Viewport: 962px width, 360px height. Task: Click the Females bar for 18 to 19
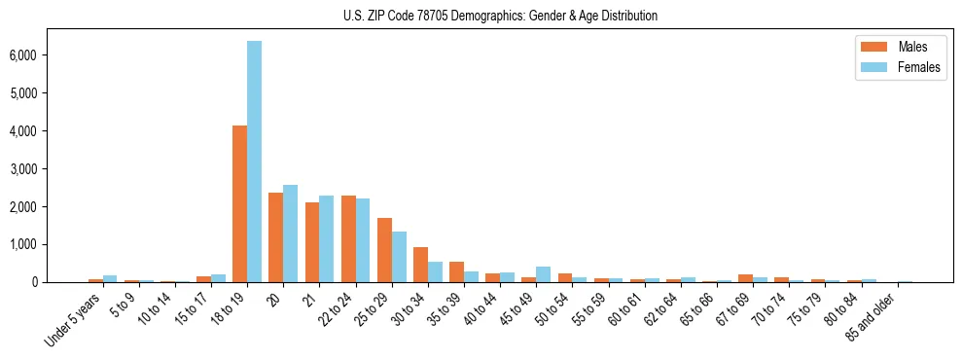[254, 162]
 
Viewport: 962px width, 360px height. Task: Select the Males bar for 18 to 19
[239, 204]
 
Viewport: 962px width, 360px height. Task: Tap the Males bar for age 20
[275, 237]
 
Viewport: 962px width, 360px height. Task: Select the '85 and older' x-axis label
[874, 315]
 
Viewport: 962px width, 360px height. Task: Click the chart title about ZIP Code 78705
[500, 16]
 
